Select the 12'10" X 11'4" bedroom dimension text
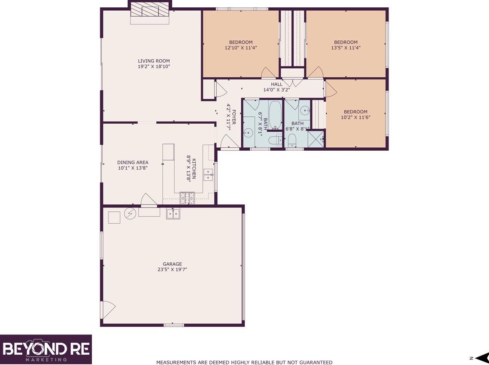pyautogui.click(x=240, y=48)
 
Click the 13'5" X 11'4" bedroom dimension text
pyautogui.click(x=346, y=48)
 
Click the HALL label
pyautogui.click(x=276, y=84)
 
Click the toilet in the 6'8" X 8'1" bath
pyautogui.click(x=292, y=140)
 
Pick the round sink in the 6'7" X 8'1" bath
pyautogui.click(x=248, y=132)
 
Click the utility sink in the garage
pyautogui.click(x=173, y=213)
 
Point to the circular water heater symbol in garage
pyautogui.click(x=130, y=213)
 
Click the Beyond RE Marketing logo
pyautogui.click(x=46, y=349)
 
